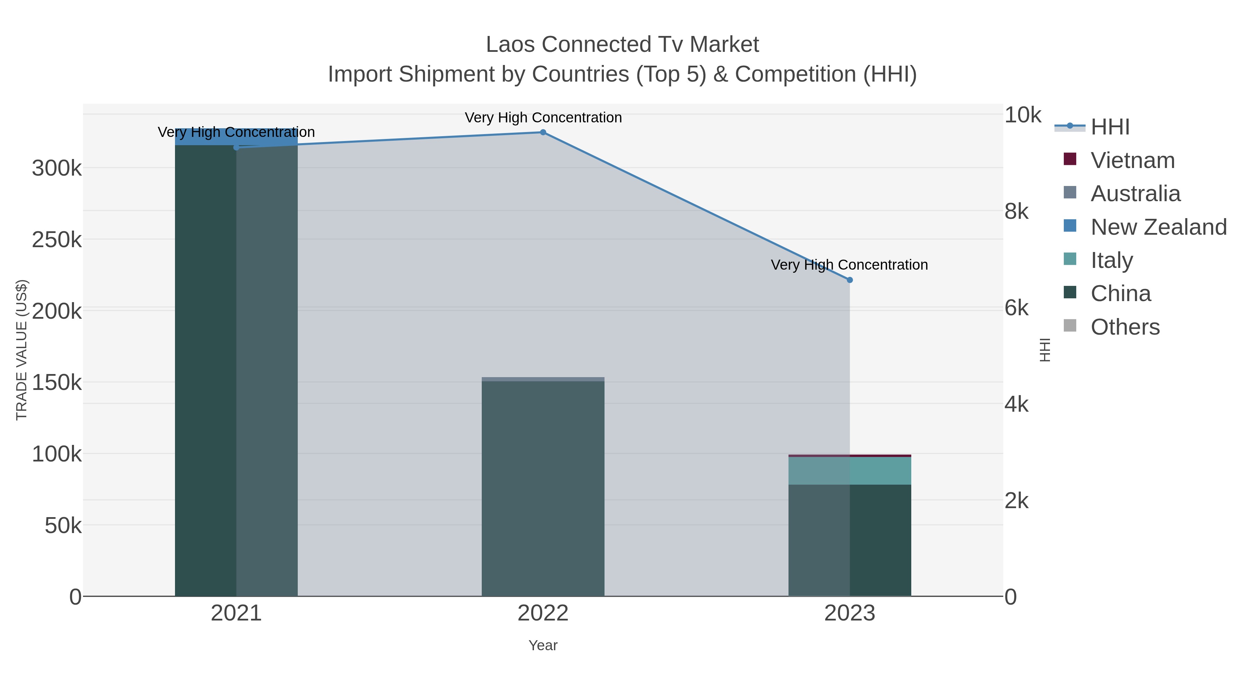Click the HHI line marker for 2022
(x=543, y=132)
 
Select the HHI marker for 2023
(x=850, y=280)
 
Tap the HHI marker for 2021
(x=236, y=147)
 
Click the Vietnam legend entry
(x=1132, y=160)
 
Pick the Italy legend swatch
(x=1070, y=259)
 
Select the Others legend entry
(x=1125, y=327)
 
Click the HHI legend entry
(x=1110, y=127)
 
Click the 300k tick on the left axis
(x=57, y=169)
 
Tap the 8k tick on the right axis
(x=1017, y=212)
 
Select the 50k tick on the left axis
(x=63, y=525)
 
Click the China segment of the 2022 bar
(x=543, y=488)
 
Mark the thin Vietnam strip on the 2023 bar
(x=850, y=456)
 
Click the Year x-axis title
(x=543, y=645)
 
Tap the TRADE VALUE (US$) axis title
(x=22, y=350)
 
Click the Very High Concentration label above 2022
(x=543, y=118)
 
